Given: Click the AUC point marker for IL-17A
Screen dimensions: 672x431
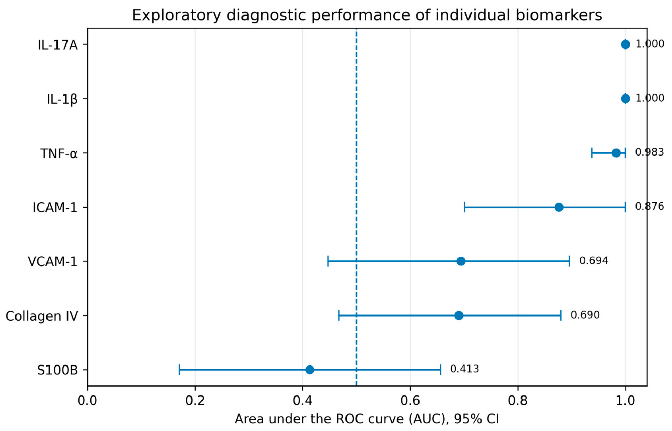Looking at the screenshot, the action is (626, 44).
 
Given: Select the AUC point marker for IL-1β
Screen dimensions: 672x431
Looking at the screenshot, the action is (626, 99).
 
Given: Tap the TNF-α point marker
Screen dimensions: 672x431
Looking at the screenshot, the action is (616, 153).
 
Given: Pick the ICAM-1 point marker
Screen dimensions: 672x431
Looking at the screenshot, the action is (559, 207).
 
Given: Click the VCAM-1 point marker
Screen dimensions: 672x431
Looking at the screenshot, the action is (461, 261).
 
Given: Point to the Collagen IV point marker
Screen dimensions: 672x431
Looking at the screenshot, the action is (459, 315).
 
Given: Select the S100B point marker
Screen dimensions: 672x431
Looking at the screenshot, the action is (310, 370).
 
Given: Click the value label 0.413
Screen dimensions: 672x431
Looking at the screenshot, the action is (464, 369).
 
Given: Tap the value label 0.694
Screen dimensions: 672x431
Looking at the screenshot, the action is (593, 261).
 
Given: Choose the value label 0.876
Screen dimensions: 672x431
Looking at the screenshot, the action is (649, 207).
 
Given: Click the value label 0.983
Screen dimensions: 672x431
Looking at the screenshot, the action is (649, 152).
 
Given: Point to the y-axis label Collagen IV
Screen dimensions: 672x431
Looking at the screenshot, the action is (42, 316).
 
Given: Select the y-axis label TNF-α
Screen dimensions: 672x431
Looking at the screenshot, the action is (59, 153).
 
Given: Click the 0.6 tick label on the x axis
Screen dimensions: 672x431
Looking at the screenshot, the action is (410, 401).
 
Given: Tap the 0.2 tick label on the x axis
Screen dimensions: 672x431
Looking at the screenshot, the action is (195, 401).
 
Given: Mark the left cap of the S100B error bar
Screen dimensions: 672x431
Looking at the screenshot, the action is (179, 370).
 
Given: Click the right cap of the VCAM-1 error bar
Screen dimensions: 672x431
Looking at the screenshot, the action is (569, 261).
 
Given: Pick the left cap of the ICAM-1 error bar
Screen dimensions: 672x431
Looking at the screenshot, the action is (465, 207).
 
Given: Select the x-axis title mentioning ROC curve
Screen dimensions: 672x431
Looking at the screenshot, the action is (367, 419).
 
